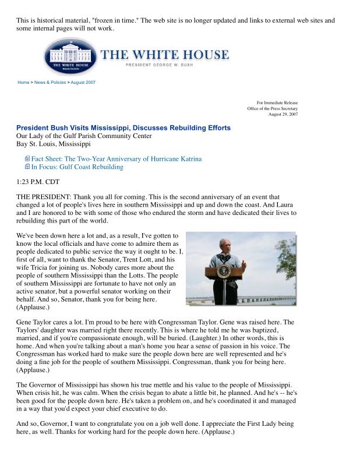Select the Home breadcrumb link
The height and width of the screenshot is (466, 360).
[23, 82]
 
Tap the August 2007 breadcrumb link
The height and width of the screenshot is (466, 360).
[82, 82]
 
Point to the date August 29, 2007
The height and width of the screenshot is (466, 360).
[283, 114]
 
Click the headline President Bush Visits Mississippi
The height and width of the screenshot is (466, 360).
[123, 128]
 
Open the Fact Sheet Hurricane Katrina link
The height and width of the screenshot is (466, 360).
[117, 158]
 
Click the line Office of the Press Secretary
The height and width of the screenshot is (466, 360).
[272, 108]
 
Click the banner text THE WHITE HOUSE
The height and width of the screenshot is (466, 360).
[165, 55]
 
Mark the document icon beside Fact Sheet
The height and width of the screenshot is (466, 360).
[27, 158]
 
